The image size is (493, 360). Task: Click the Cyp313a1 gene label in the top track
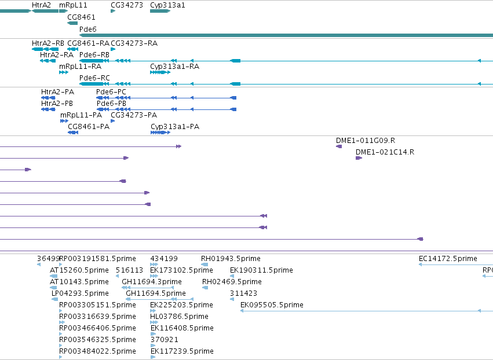pos(167,5)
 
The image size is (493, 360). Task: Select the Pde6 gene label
pos(87,29)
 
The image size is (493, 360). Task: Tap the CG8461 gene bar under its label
pos(72,23)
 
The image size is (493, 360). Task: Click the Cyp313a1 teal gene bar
pos(160,12)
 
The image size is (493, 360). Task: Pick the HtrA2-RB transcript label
pos(48,43)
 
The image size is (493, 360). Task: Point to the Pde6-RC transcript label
pos(94,78)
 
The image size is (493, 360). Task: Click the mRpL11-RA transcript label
pos(80,67)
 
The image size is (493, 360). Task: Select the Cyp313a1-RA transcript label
pos(174,67)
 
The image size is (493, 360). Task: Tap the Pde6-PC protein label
pos(111,92)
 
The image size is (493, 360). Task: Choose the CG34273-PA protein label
pos(134,115)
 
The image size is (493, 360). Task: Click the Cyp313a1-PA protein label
pos(175,127)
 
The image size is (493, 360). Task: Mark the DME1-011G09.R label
pos(366,141)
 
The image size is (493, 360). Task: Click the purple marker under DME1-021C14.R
pos(359,158)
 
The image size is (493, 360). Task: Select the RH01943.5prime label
pos(231,259)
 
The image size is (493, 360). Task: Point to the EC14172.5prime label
pos(448,259)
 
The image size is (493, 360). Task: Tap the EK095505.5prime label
pos(272,304)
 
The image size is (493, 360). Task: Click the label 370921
pos(164,340)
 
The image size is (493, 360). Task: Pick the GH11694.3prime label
pos(152,282)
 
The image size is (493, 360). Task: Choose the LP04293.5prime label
pos(80,293)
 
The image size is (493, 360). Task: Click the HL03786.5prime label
pos(179,317)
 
